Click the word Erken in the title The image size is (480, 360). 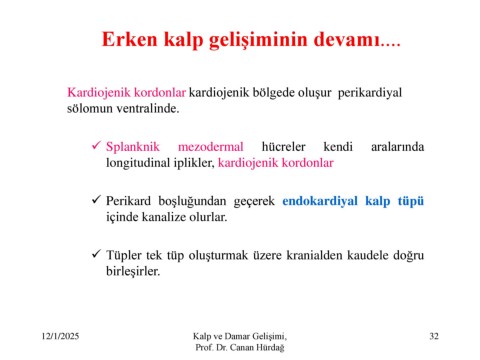point(129,39)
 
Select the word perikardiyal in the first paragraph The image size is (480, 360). point(370,93)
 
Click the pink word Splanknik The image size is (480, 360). point(133,147)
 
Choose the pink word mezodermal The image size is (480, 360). point(211,147)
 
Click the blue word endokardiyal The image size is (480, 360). point(320,201)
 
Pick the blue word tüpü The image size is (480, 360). point(411,201)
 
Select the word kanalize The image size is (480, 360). point(164,217)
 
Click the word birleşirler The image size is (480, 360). point(133,271)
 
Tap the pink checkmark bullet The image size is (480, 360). point(96,145)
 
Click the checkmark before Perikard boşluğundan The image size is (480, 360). point(96,200)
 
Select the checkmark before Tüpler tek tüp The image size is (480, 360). point(96,254)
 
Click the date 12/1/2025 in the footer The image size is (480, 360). point(60,336)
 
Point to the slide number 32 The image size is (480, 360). point(434,336)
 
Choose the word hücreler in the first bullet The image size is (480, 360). point(283,147)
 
